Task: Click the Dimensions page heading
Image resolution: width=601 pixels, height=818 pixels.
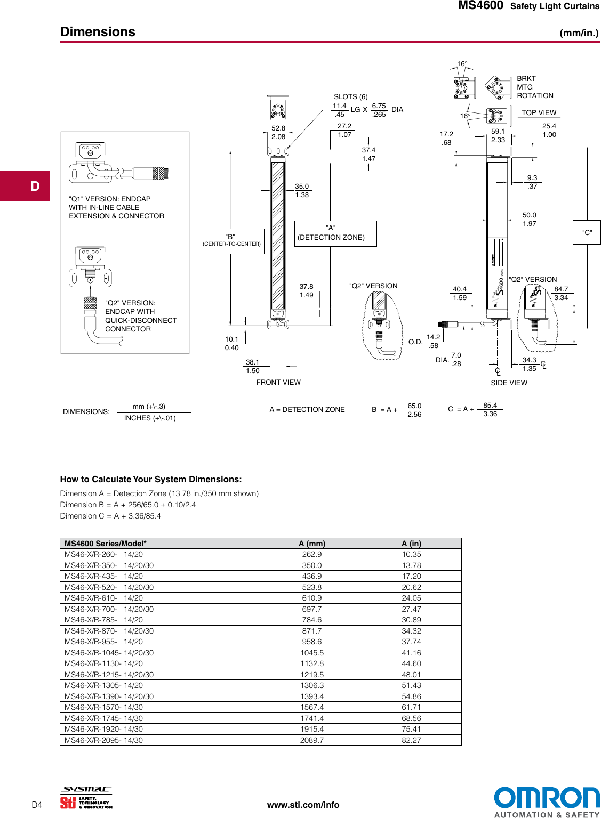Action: click(x=98, y=32)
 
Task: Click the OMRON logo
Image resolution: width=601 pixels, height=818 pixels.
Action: click(x=546, y=798)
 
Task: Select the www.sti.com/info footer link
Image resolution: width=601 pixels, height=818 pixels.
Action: click(x=303, y=805)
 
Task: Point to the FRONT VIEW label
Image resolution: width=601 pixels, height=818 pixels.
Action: click(x=278, y=382)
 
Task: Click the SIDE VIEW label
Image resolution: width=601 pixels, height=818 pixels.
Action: click(x=509, y=383)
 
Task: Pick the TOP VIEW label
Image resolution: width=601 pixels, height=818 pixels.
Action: click(x=539, y=112)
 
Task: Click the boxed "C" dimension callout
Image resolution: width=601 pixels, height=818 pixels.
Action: click(x=587, y=232)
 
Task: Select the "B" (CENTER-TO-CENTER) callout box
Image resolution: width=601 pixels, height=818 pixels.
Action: click(x=232, y=241)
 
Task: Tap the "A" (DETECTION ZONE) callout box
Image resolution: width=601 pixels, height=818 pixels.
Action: click(x=335, y=233)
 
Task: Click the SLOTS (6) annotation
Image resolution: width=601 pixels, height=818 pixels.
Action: click(x=350, y=96)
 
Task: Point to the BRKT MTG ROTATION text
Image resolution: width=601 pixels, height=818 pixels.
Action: click(x=534, y=87)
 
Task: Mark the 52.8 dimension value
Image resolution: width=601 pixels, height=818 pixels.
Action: click(x=278, y=128)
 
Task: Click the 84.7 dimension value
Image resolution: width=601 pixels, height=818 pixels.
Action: click(x=561, y=289)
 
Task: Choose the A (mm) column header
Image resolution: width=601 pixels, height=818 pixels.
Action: click(x=312, y=544)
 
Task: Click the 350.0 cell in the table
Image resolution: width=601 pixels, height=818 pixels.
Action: click(x=312, y=565)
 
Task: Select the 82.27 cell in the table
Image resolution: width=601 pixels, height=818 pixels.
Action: click(x=411, y=740)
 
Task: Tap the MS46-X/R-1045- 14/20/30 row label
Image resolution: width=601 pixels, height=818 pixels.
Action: click(x=109, y=653)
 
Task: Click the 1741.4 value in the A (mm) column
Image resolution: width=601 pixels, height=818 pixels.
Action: click(x=312, y=718)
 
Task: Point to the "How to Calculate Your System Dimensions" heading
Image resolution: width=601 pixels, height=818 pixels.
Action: click(x=151, y=479)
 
